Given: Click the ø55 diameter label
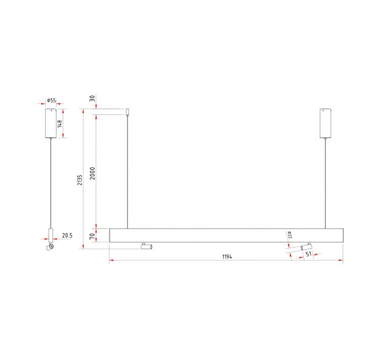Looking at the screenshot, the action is click(51, 101).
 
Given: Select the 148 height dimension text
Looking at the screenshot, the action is click(60, 123).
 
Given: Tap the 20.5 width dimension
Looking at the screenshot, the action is click(68, 235).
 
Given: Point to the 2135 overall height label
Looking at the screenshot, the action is click(80, 180).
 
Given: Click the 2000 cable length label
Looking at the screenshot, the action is click(92, 174).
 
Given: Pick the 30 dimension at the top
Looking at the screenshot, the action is click(92, 98).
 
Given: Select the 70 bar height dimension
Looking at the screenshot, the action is click(92, 237).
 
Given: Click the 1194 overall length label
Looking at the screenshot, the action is click(227, 257).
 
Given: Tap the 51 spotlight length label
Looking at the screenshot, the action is click(308, 254).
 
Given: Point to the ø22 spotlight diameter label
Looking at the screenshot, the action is click(290, 235).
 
